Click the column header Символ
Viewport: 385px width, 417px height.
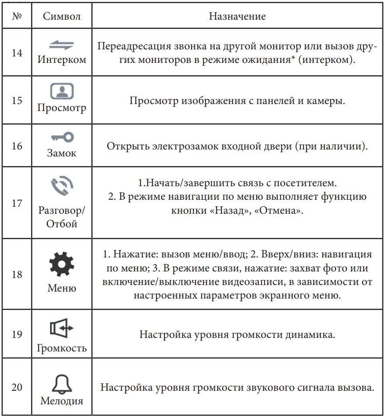click(x=62, y=17)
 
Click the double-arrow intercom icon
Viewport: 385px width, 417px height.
click(x=61, y=45)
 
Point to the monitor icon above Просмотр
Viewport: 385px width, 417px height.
click(x=61, y=91)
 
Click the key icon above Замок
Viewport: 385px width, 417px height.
click(x=61, y=138)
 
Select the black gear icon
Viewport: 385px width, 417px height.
click(x=61, y=266)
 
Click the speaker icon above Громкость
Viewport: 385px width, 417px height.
click(x=61, y=327)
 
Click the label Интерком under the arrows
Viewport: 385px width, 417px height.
click(x=62, y=59)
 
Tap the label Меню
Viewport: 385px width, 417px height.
click(x=62, y=288)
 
